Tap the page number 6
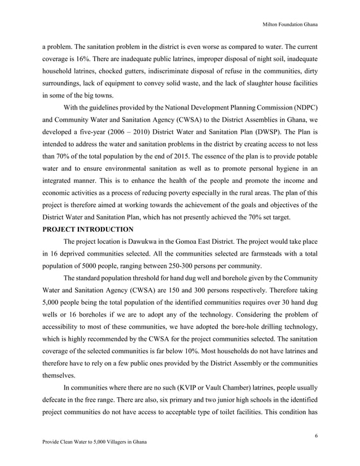point(318,435)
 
